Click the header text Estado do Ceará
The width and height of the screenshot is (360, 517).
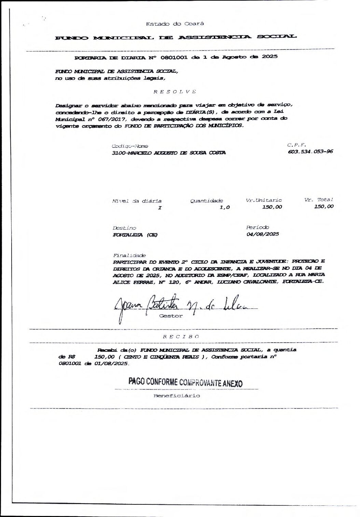[175, 24]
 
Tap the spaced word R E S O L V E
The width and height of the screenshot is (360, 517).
[175, 92]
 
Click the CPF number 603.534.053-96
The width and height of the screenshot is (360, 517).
[310, 152]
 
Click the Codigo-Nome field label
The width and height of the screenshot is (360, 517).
[125, 146]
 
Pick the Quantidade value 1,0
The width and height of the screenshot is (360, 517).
[225, 207]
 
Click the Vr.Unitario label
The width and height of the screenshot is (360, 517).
[264, 200]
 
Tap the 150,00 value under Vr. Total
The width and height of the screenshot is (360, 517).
[324, 206]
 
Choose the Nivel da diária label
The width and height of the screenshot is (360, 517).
[137, 201]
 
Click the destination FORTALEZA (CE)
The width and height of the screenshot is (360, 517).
[135, 235]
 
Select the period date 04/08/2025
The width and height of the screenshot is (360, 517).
[262, 234]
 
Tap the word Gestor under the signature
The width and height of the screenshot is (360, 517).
[171, 316]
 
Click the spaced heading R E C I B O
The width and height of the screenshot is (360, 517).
[181, 336]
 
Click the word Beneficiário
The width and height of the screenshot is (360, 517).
[177, 396]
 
